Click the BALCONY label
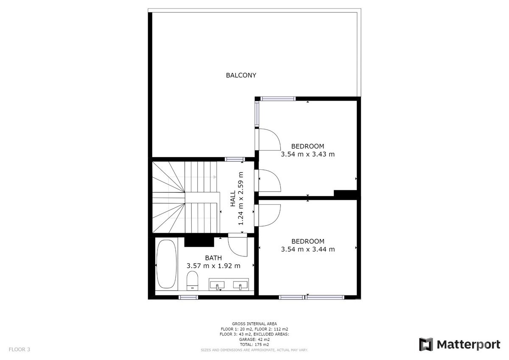pos(241,75)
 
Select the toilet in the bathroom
pos(193,281)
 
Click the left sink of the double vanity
pos(217,285)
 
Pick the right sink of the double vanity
pos(240,285)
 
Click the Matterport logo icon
pos(426,344)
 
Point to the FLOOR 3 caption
pos(20,349)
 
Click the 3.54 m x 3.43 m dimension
pos(308,154)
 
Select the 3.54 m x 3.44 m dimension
pos(308,249)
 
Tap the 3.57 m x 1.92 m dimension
pos(213,266)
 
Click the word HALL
pos(233,199)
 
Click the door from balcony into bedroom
pos(268,139)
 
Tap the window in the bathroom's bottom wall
pos(188,297)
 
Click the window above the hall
pos(235,159)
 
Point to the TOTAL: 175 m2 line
pos(254,345)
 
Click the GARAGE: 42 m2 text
pos(254,339)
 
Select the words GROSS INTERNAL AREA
pos(254,323)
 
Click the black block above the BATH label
pos(199,242)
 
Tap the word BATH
pos(213,258)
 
